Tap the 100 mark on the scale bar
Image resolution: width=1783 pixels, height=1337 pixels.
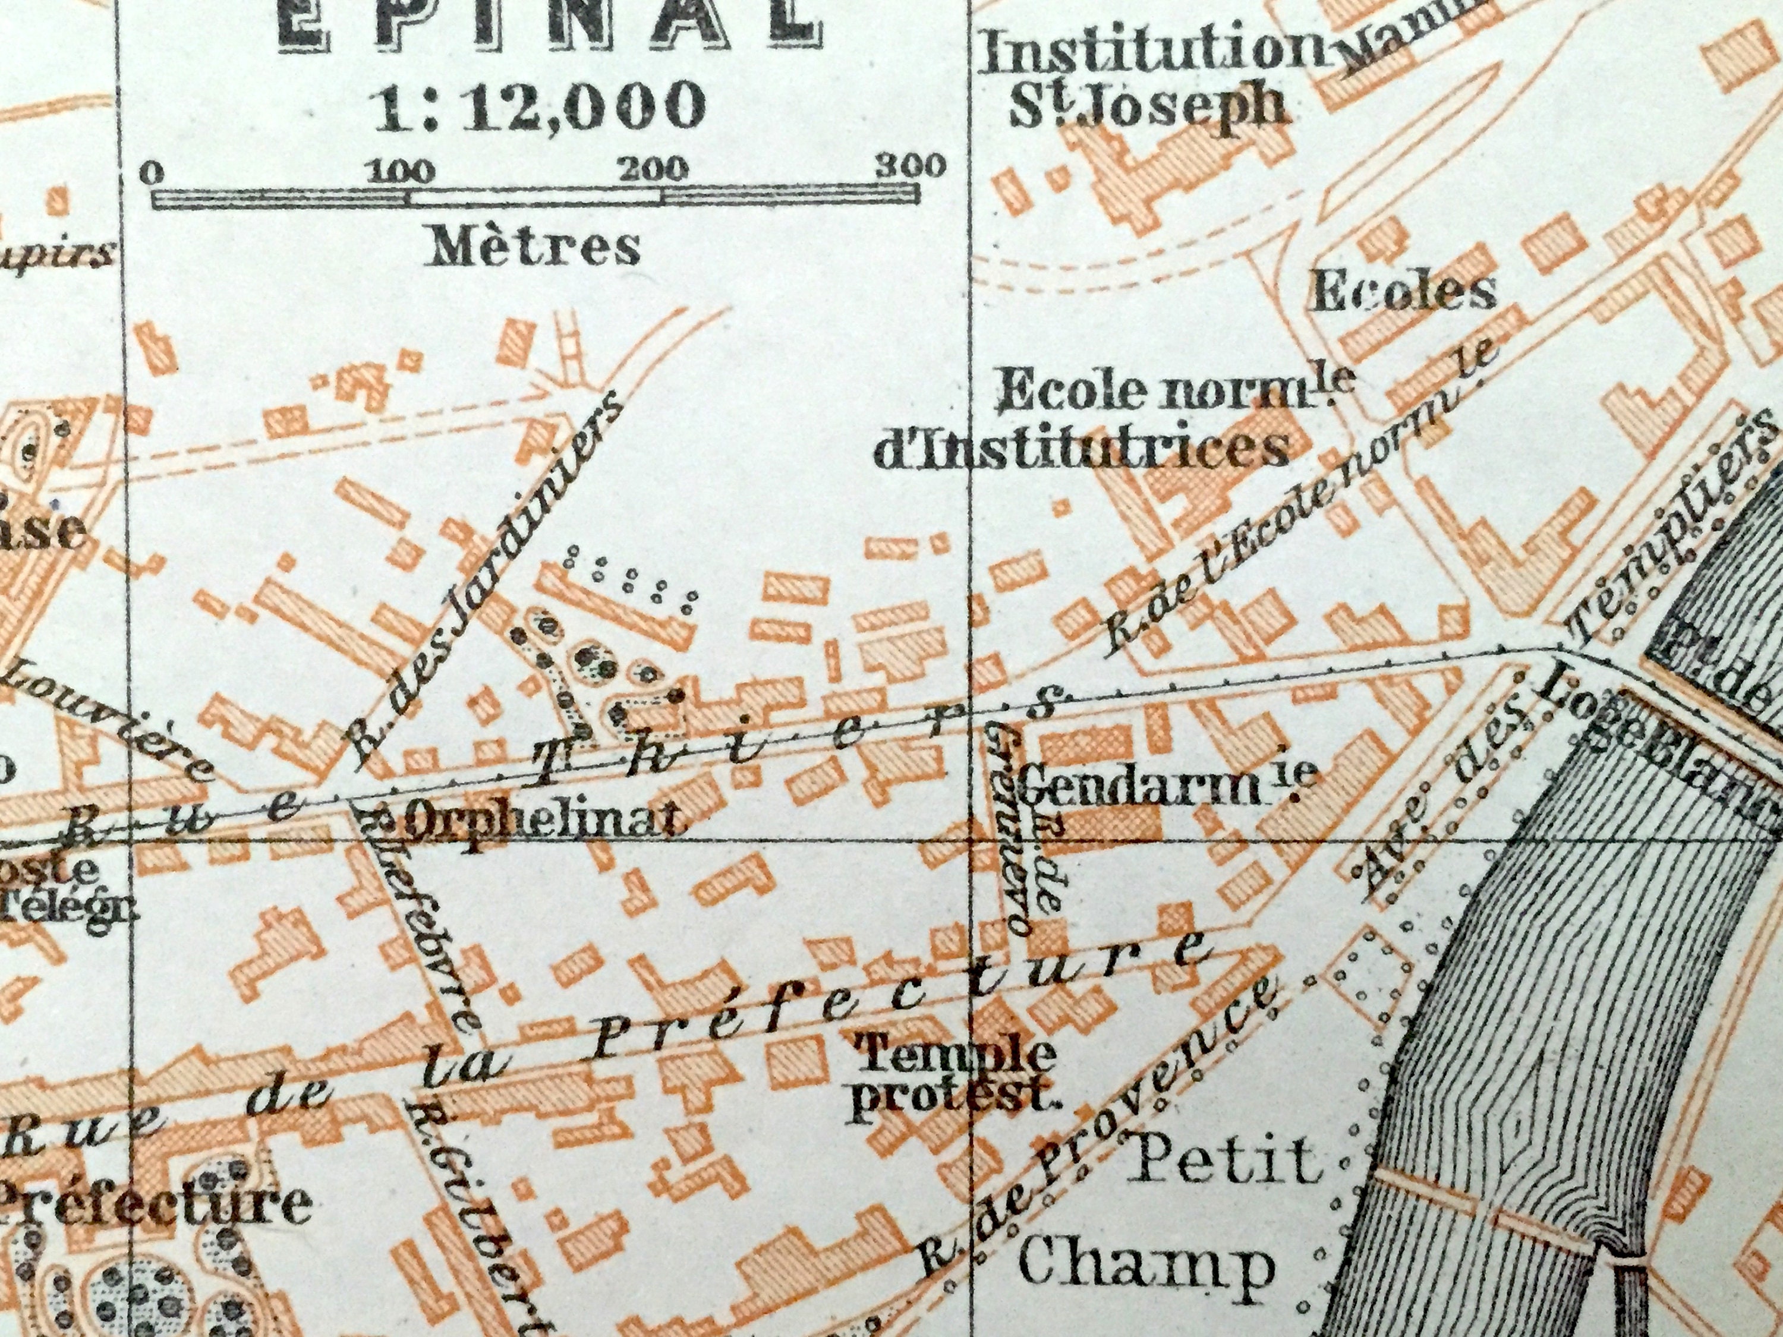click(x=401, y=171)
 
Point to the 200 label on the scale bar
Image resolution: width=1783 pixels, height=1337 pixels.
click(x=654, y=168)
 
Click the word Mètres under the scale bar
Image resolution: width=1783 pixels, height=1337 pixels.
click(x=536, y=246)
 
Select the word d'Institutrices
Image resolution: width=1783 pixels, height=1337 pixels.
click(x=1082, y=449)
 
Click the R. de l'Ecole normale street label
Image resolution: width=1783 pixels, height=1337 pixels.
click(x=1299, y=507)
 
